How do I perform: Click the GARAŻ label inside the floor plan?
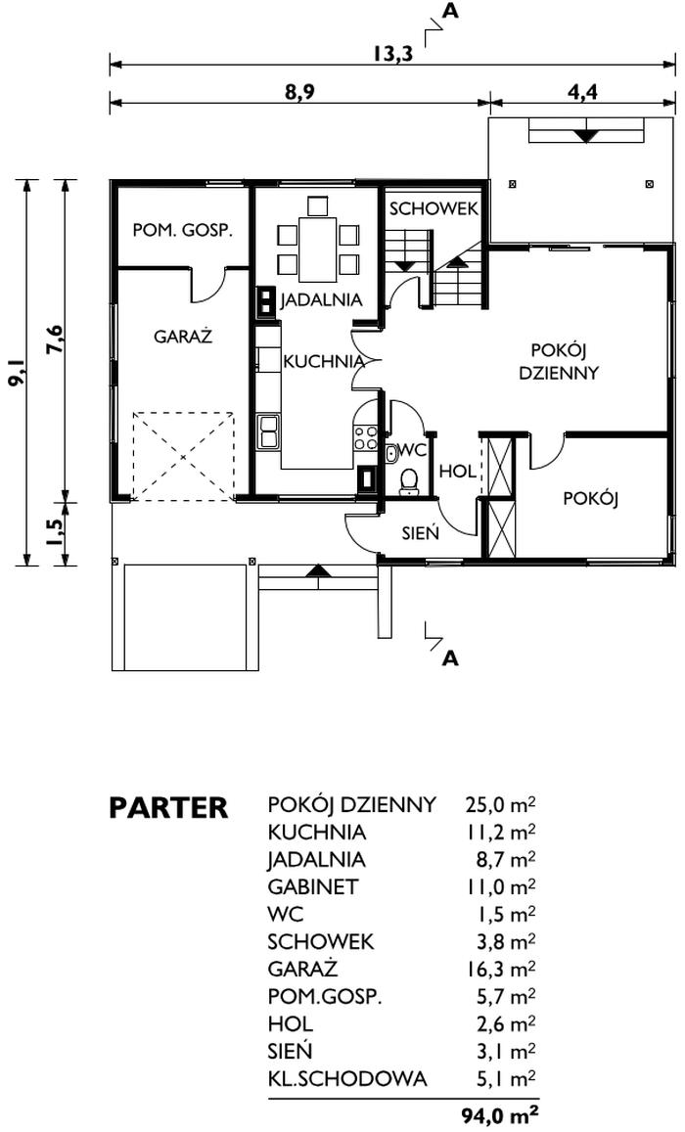pyautogui.click(x=183, y=337)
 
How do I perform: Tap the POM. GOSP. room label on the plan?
pyautogui.click(x=183, y=231)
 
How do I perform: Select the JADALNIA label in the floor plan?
pyautogui.click(x=321, y=299)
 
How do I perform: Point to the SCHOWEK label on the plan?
pyautogui.click(x=434, y=208)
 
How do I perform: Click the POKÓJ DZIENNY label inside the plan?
pyautogui.click(x=559, y=362)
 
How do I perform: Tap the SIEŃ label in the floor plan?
pyautogui.click(x=421, y=533)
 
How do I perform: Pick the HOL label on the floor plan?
pyautogui.click(x=458, y=473)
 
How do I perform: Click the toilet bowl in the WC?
pyautogui.click(x=410, y=480)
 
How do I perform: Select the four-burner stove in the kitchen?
pyautogui.click(x=365, y=437)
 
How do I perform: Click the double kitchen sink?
pyautogui.click(x=268, y=431)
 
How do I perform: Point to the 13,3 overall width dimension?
pyautogui.click(x=393, y=54)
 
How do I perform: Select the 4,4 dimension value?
pyautogui.click(x=582, y=92)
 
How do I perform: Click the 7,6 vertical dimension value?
pyautogui.click(x=53, y=340)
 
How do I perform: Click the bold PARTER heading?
pyautogui.click(x=168, y=808)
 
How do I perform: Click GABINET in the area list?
pyautogui.click(x=312, y=886)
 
